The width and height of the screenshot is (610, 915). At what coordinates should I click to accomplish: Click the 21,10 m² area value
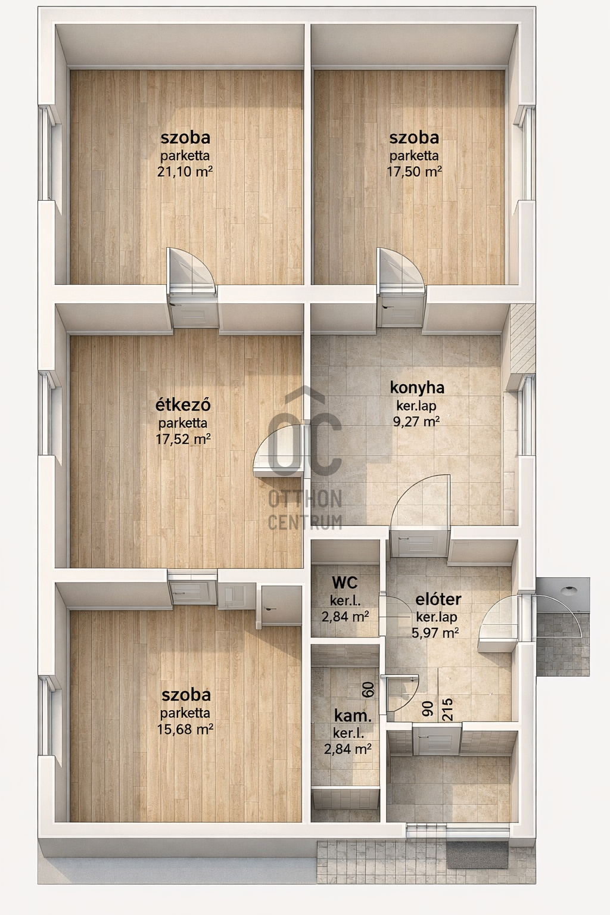click(x=185, y=172)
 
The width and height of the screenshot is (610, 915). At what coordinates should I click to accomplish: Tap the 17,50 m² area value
click(x=414, y=172)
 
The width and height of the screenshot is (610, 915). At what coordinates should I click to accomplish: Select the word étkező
click(x=183, y=405)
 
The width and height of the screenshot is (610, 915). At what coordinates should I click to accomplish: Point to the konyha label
click(x=417, y=387)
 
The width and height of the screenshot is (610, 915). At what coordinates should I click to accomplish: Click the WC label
click(x=345, y=583)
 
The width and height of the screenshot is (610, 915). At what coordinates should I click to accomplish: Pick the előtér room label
click(x=438, y=600)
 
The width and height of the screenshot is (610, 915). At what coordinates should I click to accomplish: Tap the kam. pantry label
click(x=353, y=716)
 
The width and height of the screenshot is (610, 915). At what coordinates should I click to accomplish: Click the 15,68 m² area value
click(x=185, y=729)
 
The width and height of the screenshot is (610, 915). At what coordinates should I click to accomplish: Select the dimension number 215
click(x=447, y=709)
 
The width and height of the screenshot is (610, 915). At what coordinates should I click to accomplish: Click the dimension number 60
click(x=369, y=689)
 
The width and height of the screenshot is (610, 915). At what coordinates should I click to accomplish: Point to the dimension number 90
click(x=428, y=709)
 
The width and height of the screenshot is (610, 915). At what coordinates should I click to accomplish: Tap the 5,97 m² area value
click(x=435, y=633)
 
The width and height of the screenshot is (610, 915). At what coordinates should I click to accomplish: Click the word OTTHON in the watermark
click(x=305, y=499)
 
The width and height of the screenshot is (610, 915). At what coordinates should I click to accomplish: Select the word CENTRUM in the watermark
click(x=305, y=522)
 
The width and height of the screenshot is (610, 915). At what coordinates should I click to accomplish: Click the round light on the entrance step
click(x=569, y=590)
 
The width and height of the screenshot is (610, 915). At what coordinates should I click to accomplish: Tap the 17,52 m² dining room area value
click(x=183, y=439)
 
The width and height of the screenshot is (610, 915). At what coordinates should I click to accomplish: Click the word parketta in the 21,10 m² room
click(x=185, y=155)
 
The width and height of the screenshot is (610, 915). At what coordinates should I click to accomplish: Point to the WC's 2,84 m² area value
click(x=346, y=617)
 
